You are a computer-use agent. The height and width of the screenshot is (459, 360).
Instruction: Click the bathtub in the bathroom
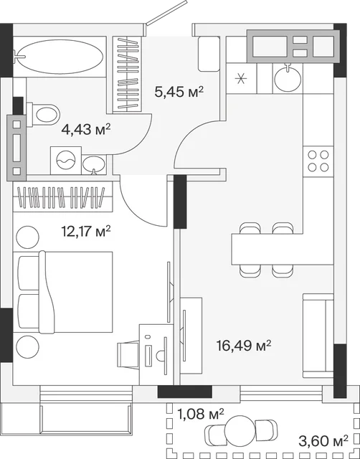click(x=60, y=57)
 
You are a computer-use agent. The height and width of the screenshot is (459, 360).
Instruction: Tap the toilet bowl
click(x=43, y=115)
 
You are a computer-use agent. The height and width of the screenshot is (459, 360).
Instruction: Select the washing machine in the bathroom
click(x=66, y=161)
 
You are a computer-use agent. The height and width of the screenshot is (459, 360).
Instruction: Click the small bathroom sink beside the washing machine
click(x=94, y=165)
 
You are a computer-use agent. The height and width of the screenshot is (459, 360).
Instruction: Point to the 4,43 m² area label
click(x=86, y=129)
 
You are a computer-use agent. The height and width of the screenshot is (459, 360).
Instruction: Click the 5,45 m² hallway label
click(x=179, y=93)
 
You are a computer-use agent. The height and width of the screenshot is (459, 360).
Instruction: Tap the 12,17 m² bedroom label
click(x=86, y=231)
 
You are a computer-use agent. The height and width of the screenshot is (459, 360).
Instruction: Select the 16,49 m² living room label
click(x=244, y=346)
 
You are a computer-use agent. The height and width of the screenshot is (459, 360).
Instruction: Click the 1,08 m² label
click(x=201, y=414)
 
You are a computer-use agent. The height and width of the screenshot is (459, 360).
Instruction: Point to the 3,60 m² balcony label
click(x=323, y=440)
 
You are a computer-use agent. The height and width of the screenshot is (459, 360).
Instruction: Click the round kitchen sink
click(x=288, y=78)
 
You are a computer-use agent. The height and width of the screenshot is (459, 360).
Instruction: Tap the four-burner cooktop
click(x=318, y=161)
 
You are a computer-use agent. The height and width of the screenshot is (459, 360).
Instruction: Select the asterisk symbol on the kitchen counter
click(x=241, y=78)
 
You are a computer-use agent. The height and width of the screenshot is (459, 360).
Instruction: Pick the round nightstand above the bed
click(x=27, y=237)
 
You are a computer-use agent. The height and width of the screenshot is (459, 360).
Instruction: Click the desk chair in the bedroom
click(x=128, y=355)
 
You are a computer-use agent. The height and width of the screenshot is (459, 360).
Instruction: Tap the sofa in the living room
click(x=318, y=336)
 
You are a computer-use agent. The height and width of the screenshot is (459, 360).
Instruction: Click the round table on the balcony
click(x=241, y=429)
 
